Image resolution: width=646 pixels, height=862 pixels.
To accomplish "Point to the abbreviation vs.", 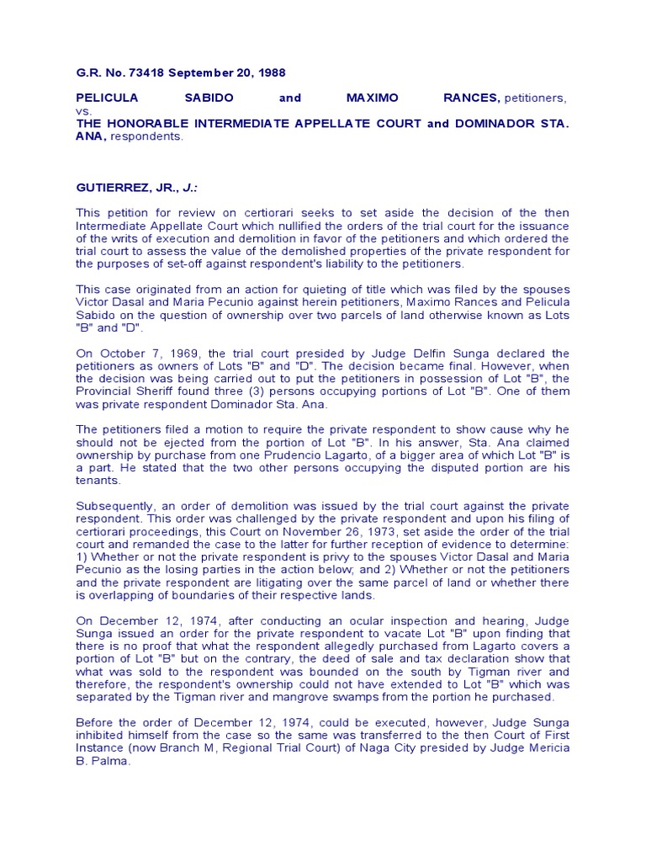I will coord(83,110).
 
